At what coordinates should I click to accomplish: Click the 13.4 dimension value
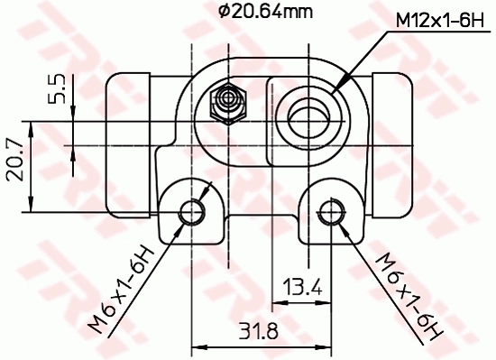pyautogui.click(x=303, y=287)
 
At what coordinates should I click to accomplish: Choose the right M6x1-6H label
pyautogui.click(x=409, y=296)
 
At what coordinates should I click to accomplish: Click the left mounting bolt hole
pyautogui.click(x=192, y=212)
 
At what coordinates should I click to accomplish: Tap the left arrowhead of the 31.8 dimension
pyautogui.click(x=198, y=344)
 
